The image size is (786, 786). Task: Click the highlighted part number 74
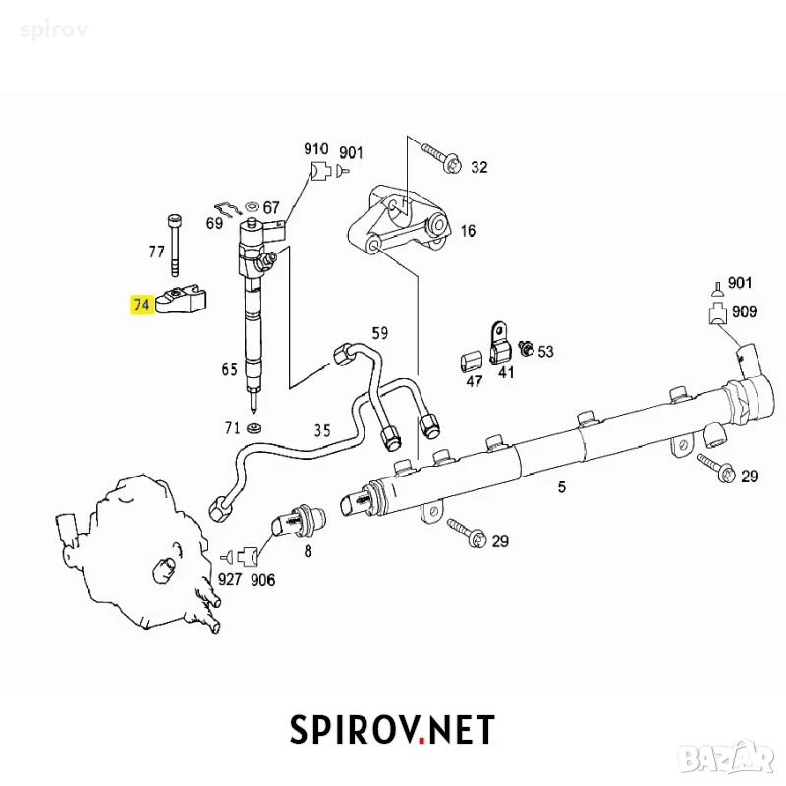(140, 305)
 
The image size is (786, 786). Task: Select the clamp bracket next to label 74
(182, 300)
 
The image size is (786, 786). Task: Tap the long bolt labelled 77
(174, 246)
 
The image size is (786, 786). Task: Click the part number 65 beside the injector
(230, 369)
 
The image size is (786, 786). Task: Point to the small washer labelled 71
(255, 428)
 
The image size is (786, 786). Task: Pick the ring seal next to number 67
(252, 206)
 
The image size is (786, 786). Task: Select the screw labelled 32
(442, 158)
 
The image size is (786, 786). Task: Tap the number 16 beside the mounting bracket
(469, 231)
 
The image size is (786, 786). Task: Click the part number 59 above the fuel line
(379, 333)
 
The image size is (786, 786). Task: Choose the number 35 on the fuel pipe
(322, 430)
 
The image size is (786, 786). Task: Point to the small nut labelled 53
(527, 348)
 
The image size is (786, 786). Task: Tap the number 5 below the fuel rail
(561, 486)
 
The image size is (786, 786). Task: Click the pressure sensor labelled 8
(299, 522)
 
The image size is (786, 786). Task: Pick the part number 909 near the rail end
(745, 311)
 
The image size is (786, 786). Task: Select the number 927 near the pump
(230, 579)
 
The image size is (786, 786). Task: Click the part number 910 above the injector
(316, 149)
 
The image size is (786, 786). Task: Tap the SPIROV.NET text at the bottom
(392, 729)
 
